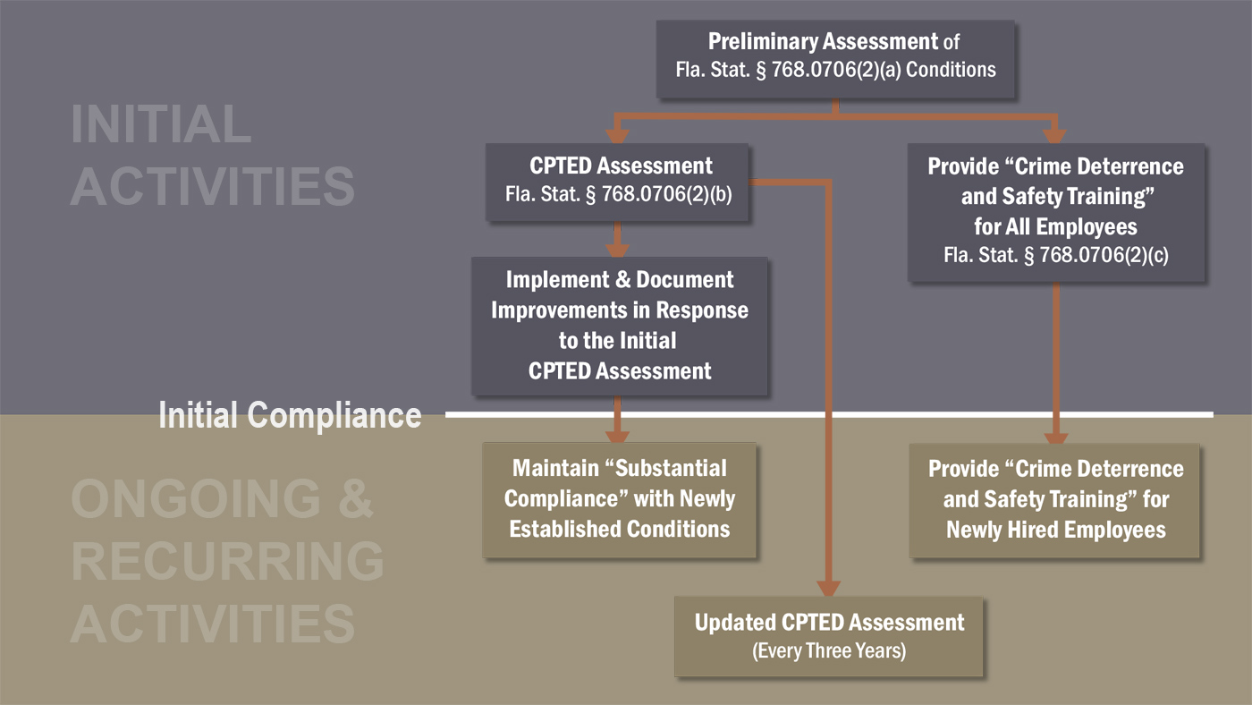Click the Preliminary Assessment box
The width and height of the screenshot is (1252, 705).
coord(835,55)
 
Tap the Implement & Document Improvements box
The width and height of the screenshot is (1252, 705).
coord(619,326)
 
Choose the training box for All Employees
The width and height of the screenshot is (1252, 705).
coord(1055,211)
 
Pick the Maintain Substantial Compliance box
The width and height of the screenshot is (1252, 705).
coord(619,499)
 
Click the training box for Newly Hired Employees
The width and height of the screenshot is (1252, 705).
coord(1055,500)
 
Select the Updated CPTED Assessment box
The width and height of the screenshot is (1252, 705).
coord(829,636)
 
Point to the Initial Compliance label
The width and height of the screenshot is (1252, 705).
coord(290,415)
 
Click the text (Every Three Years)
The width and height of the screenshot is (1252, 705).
coord(829,651)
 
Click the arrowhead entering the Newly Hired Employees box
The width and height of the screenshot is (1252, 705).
coord(1056,436)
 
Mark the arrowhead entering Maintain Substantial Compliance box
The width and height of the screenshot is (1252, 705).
coord(617,435)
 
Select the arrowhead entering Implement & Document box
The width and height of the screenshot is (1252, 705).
coord(617,250)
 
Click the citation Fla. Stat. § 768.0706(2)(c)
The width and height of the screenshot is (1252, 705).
coord(1055,256)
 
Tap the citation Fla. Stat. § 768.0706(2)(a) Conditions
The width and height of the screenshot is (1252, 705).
coord(835,70)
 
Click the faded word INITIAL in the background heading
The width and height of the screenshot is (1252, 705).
coord(161,124)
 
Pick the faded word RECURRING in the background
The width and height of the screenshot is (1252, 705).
coord(227,561)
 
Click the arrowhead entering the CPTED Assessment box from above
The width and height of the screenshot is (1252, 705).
coord(617,135)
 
